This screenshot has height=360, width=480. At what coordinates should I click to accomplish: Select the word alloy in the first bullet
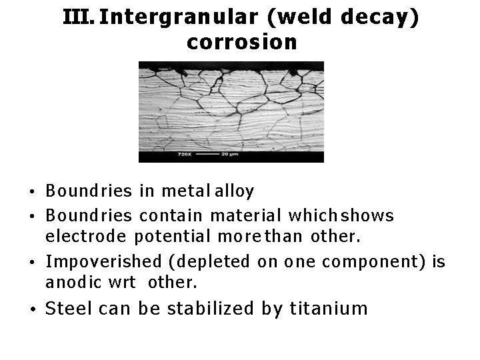coord(234,192)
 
